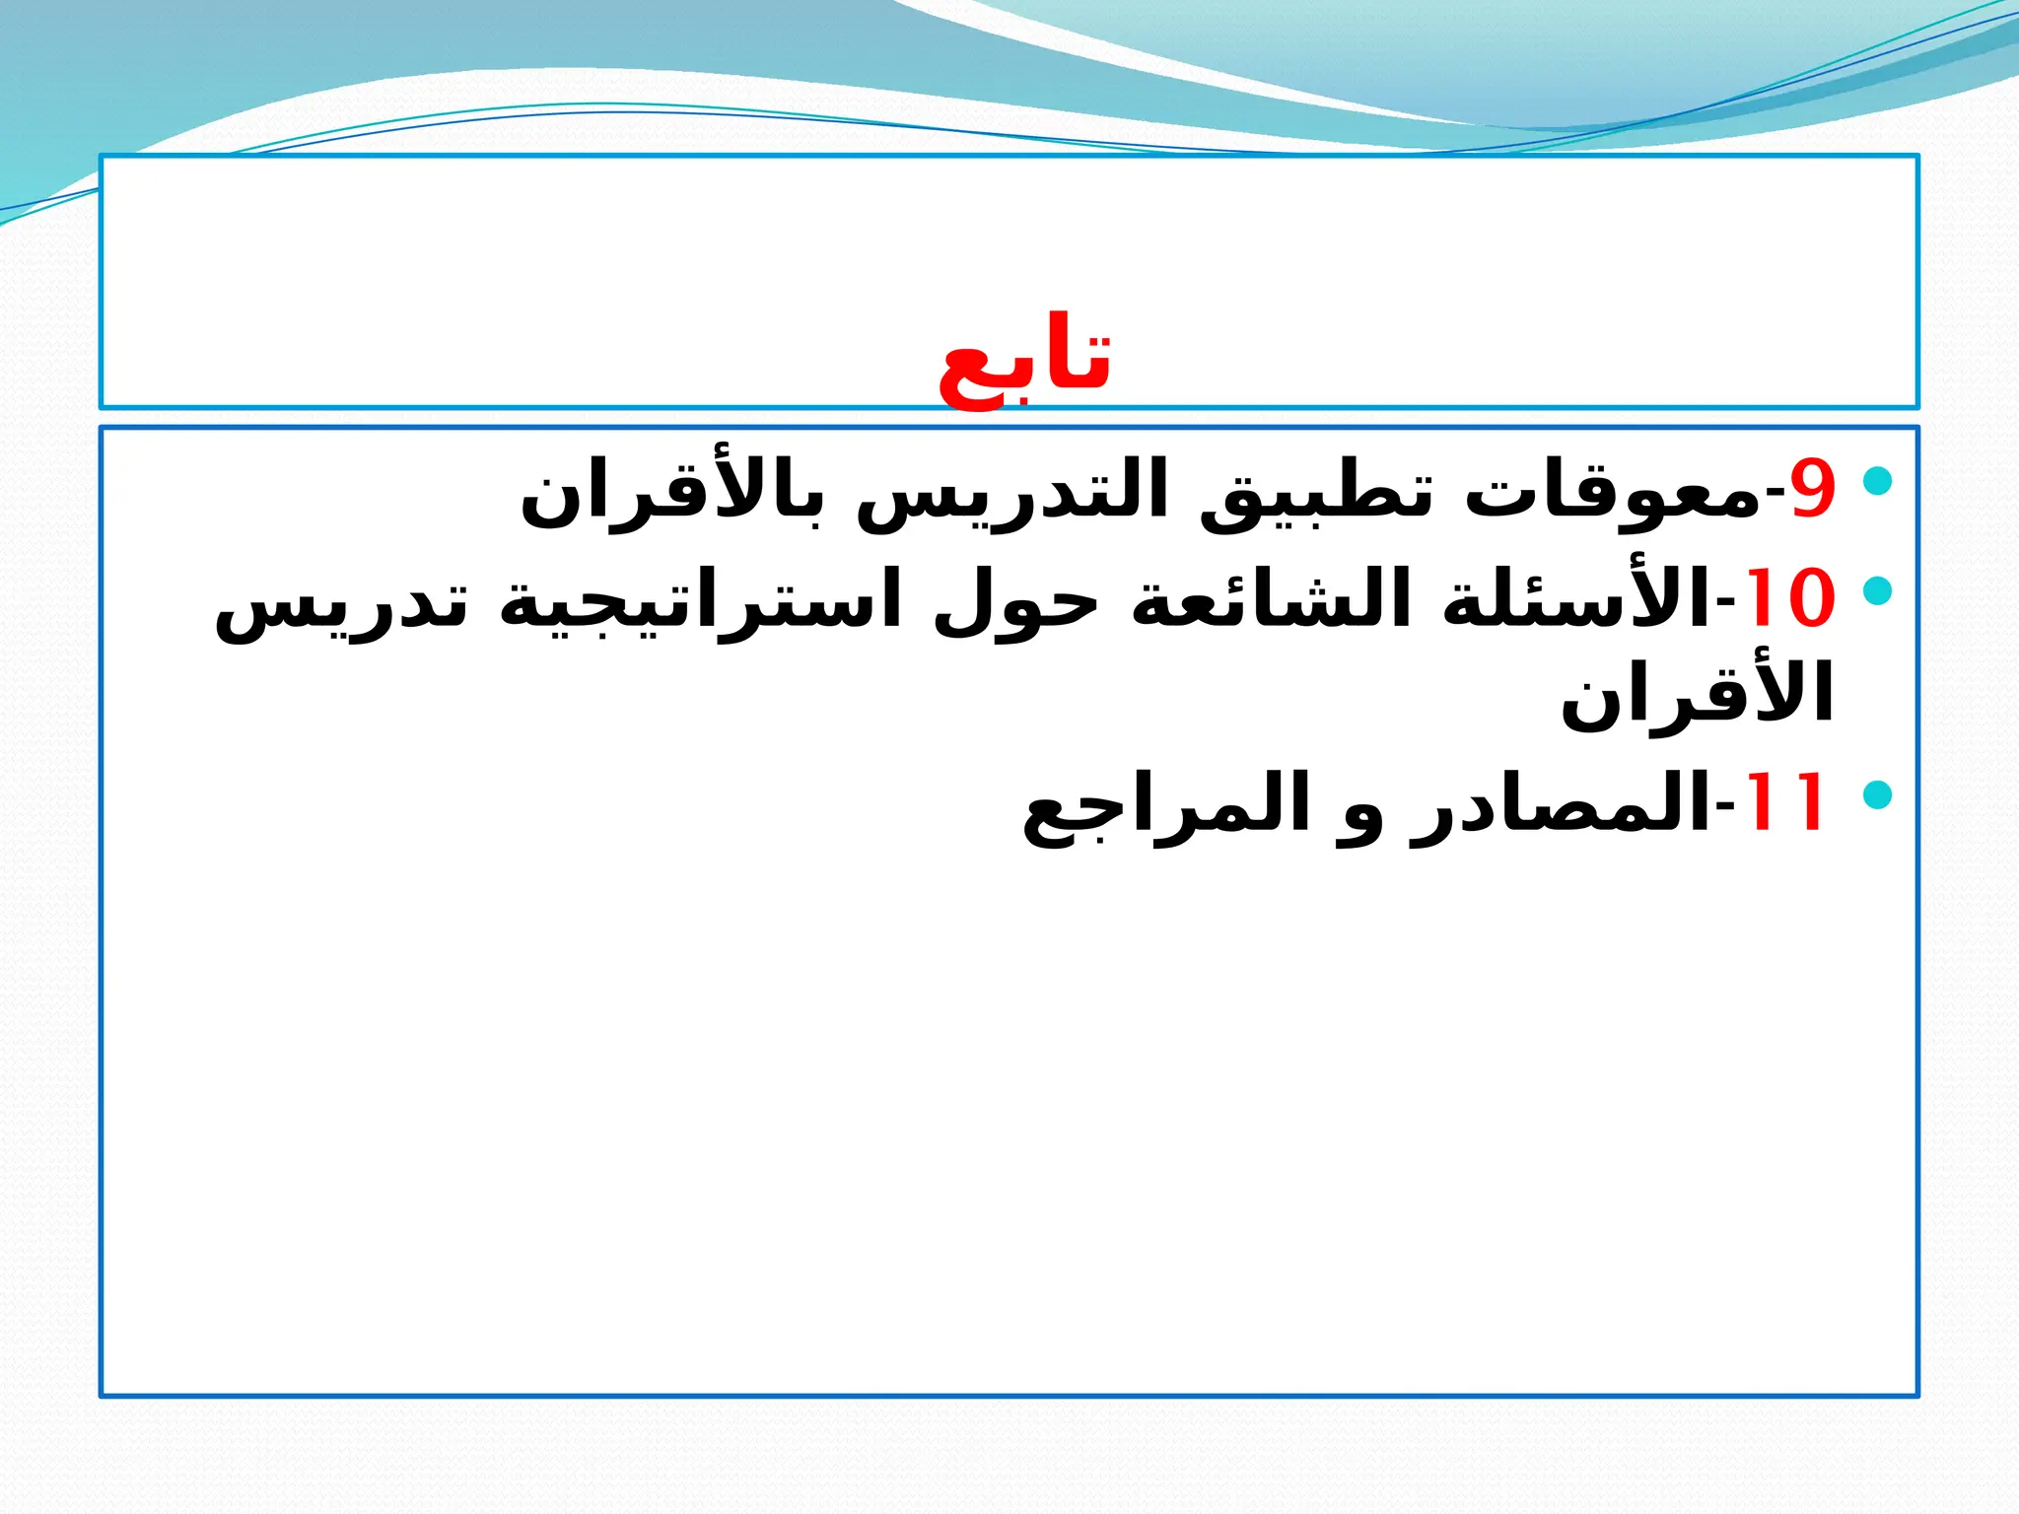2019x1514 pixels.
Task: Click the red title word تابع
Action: tap(1024, 363)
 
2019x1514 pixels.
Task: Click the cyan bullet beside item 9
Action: tap(1878, 481)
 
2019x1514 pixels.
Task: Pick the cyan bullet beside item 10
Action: tap(1878, 590)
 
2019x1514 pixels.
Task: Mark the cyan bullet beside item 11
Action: tap(1878, 794)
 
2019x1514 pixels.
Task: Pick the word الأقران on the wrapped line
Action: tap(1696, 695)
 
